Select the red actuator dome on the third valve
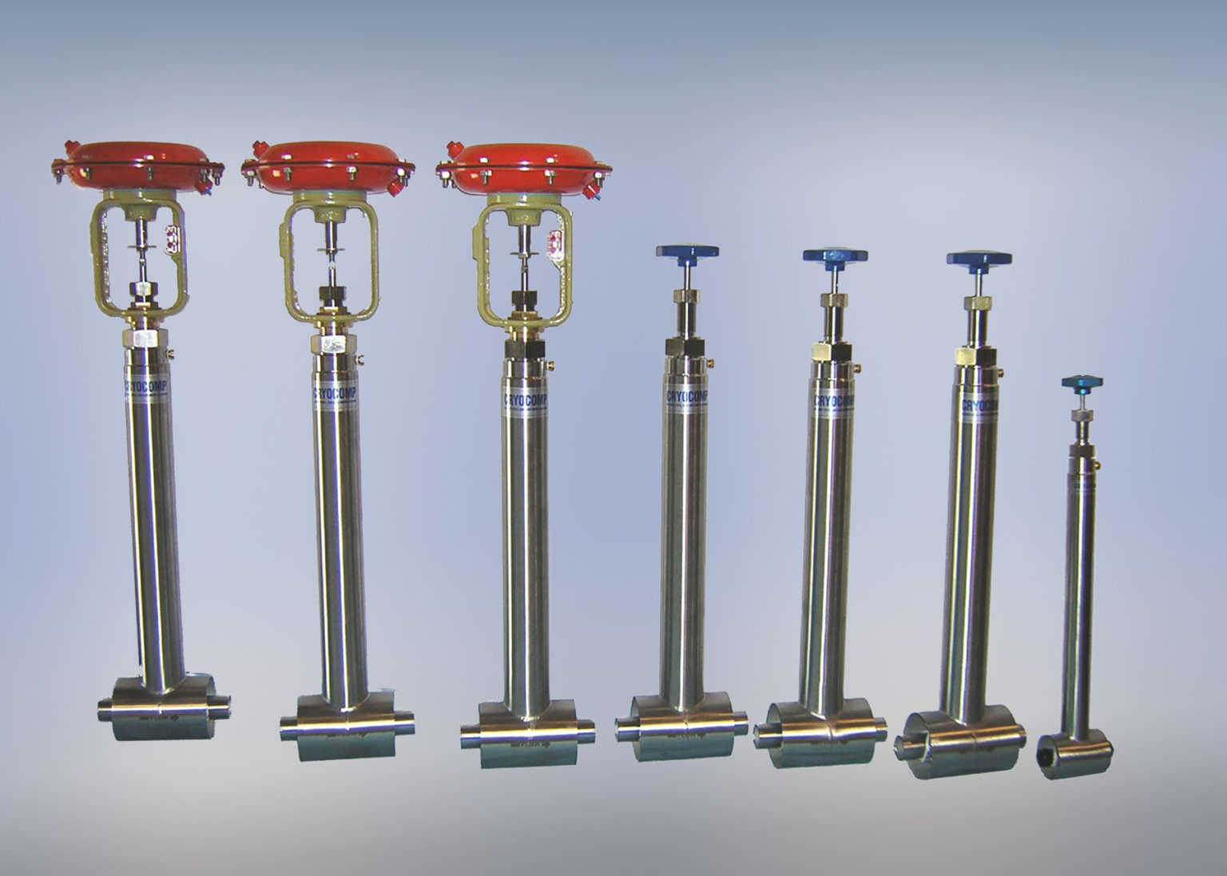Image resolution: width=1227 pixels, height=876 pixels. coord(524,164)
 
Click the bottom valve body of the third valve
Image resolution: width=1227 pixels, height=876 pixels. coord(528,731)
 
